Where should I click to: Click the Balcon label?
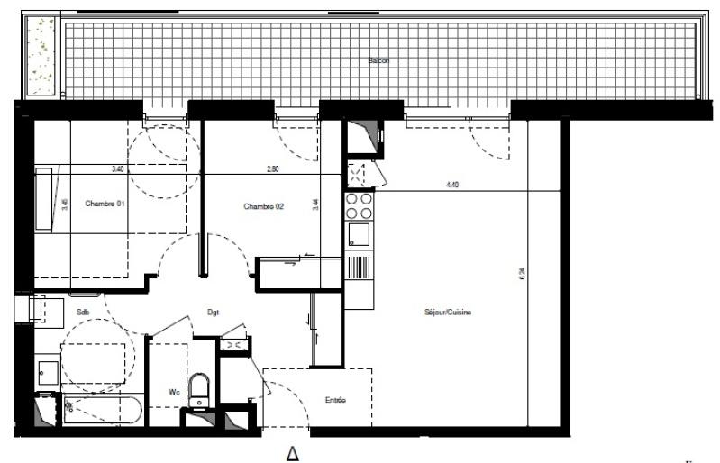(378, 60)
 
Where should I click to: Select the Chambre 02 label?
(263, 206)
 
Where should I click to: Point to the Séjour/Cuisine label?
(448, 313)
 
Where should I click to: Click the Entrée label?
(335, 400)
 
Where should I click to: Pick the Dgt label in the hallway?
(214, 313)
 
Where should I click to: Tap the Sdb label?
(83, 313)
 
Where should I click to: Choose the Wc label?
(175, 392)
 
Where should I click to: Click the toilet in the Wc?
(200, 388)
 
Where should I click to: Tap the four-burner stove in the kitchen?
(360, 206)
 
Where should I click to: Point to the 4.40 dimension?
(451, 185)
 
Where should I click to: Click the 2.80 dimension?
(274, 168)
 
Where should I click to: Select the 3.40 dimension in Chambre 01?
(118, 168)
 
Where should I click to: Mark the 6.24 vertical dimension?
(521, 276)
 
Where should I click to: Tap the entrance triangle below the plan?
(292, 454)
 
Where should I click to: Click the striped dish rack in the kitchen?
(358, 268)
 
